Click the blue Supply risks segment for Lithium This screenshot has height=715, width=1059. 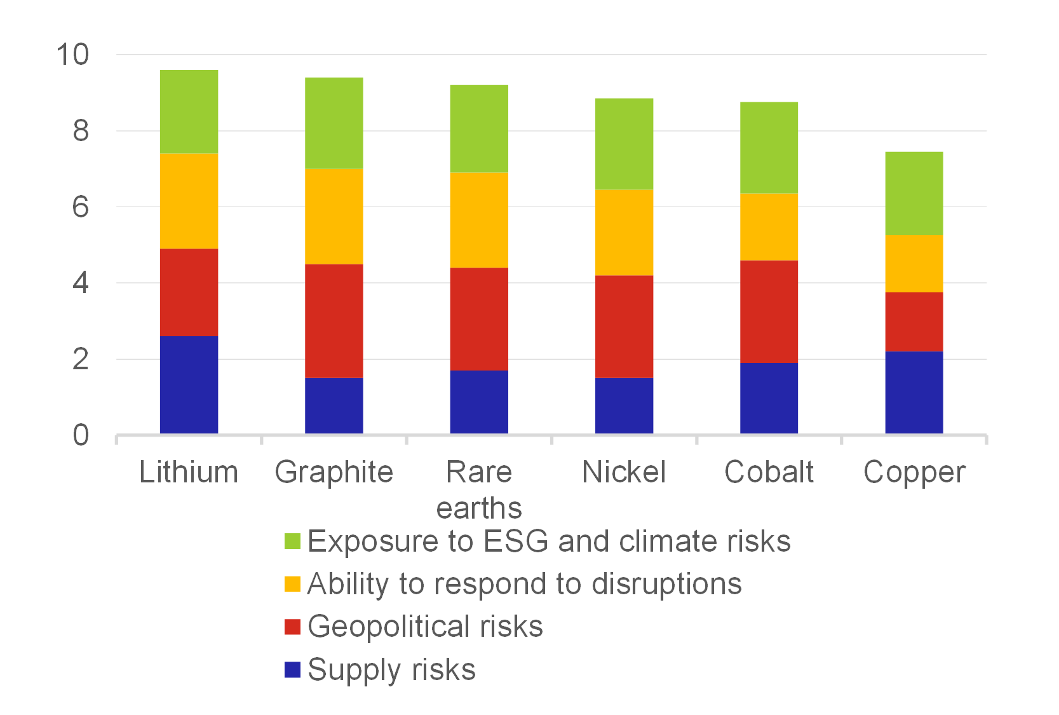click(189, 385)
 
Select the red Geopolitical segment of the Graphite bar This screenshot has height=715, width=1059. click(334, 321)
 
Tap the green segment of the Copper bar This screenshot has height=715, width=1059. click(914, 193)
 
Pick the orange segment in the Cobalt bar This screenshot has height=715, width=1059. click(769, 227)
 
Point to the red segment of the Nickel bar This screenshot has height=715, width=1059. click(624, 326)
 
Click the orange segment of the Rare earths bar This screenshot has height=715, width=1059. click(479, 220)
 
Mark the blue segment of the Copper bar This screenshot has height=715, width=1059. click(914, 392)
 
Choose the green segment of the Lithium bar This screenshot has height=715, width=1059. click(189, 111)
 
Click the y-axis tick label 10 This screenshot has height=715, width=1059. click(72, 55)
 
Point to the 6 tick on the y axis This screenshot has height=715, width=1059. click(81, 207)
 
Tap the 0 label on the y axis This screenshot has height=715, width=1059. click(81, 435)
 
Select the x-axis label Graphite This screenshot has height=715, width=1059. click(334, 472)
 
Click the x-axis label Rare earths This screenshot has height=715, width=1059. click(479, 489)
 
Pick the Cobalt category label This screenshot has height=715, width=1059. click(769, 472)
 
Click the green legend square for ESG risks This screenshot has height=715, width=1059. click(292, 541)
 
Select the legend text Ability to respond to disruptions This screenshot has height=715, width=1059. click(524, 584)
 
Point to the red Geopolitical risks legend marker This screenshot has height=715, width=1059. click(292, 627)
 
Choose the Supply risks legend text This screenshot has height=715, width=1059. click(391, 670)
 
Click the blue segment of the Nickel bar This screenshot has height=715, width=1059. click(624, 405)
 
